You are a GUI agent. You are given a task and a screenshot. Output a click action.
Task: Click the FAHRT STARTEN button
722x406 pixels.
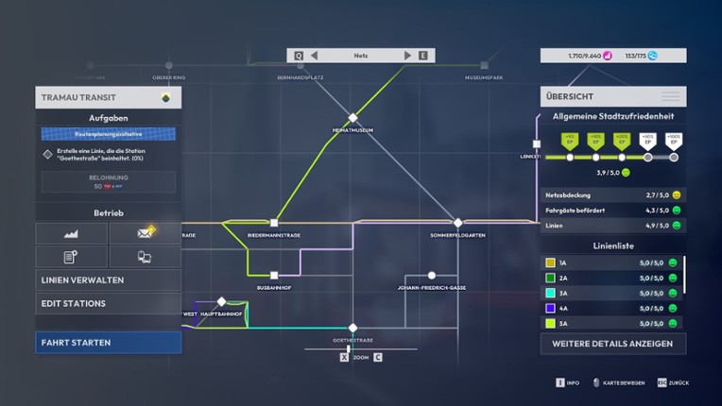108,342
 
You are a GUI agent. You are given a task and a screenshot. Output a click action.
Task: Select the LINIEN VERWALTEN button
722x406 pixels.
108,279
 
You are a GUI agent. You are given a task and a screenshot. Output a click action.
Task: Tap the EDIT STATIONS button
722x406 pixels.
108,303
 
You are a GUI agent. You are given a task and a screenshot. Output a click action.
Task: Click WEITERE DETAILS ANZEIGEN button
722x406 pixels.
612,343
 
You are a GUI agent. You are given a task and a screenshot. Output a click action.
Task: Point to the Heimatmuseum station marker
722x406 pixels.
352,118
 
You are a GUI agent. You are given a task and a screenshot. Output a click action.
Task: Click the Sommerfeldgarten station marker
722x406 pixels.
458,223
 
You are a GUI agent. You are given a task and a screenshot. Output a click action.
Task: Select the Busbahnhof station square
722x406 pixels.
274,276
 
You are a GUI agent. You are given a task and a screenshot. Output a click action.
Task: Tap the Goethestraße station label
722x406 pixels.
352,339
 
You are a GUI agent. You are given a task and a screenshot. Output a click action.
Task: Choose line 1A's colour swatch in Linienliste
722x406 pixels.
550,262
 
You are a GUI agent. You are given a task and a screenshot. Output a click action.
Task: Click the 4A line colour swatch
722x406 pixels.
550,308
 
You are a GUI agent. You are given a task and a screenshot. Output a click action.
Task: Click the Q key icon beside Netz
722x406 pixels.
299,56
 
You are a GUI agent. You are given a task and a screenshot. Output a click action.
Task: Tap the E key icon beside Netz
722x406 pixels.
422,56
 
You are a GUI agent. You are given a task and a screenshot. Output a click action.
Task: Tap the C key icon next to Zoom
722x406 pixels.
377,357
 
